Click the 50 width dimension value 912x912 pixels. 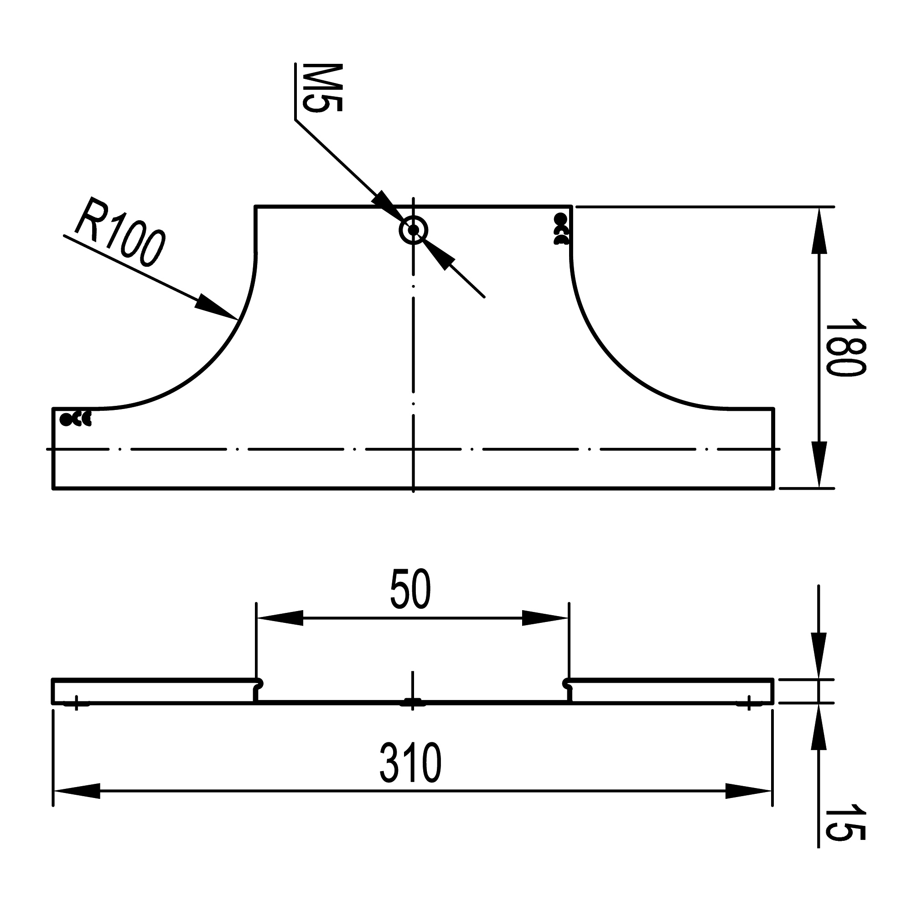(411, 589)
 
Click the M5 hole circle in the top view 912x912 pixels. (414, 230)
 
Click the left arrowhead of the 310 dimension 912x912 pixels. (77, 791)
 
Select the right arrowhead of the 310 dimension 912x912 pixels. (749, 791)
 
